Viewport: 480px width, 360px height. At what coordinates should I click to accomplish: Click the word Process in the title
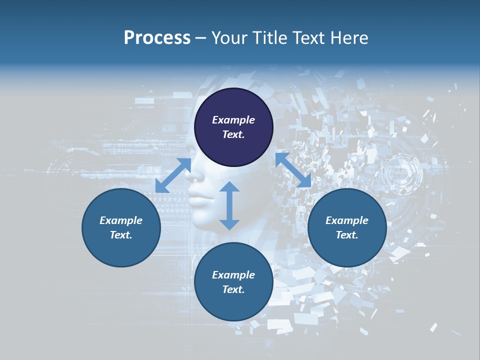pyautogui.click(x=157, y=38)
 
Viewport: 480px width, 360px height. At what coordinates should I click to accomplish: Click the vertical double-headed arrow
pyautogui.click(x=229, y=205)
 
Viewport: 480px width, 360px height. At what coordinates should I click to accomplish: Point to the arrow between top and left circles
pyautogui.click(x=173, y=175)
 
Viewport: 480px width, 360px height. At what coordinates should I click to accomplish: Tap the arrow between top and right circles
pyautogui.click(x=293, y=170)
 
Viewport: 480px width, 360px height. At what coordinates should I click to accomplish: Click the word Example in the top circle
pyautogui.click(x=233, y=120)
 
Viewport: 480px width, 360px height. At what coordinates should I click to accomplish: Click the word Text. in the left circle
pyautogui.click(x=121, y=235)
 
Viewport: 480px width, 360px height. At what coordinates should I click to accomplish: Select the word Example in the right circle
pyautogui.click(x=347, y=220)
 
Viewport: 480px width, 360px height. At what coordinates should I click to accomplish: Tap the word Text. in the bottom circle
pyautogui.click(x=233, y=289)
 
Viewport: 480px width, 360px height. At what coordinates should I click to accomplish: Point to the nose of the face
pyautogui.click(x=196, y=175)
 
